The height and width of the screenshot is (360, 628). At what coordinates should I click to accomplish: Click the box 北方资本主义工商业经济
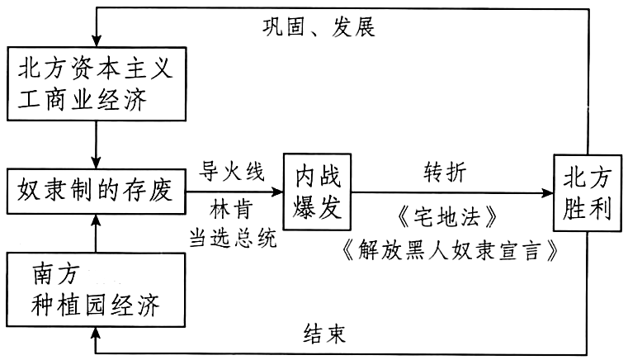97,83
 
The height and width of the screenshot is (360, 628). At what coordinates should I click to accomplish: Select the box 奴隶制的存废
96,192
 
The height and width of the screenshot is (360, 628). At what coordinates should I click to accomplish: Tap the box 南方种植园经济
96,290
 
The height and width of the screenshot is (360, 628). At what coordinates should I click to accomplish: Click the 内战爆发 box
317,192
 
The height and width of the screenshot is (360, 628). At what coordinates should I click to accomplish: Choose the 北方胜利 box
588,193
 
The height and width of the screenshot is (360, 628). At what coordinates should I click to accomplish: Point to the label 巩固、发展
319,28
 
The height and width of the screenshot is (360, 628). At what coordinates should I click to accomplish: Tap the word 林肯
232,211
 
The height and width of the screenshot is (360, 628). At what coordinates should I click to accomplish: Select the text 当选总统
233,238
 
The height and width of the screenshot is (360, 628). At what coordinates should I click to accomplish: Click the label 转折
445,173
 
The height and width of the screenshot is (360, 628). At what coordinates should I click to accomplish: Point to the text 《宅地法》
448,218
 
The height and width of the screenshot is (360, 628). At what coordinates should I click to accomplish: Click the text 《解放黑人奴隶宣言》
451,249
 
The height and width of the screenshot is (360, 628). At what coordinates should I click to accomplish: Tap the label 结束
324,334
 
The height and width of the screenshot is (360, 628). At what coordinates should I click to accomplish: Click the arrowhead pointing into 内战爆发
278,192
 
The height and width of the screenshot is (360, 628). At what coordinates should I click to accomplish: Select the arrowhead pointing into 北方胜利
548,193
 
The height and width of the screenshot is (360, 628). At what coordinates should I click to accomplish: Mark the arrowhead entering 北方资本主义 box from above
97,41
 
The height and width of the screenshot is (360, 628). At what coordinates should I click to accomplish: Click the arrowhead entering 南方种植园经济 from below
96,333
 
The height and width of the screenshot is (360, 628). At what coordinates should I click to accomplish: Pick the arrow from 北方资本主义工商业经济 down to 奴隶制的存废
96,144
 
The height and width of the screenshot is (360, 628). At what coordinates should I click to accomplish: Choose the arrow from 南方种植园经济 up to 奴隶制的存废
96,234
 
